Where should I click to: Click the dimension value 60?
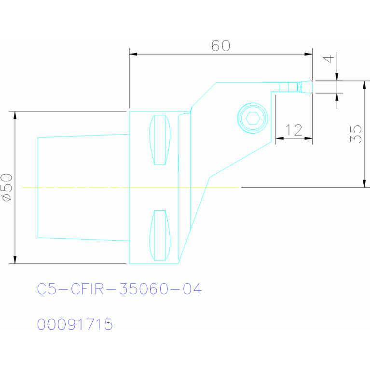pyautogui.click(x=220, y=45)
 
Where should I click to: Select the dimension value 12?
pyautogui.click(x=294, y=130)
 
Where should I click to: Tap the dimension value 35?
pyautogui.click(x=356, y=134)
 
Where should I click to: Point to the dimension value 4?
pyautogui.click(x=329, y=59)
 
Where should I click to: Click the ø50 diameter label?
pyautogui.click(x=7, y=187)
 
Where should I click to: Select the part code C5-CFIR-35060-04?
pyautogui.click(x=120, y=289)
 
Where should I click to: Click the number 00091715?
pyautogui.click(x=75, y=324)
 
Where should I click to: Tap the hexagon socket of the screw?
pyautogui.click(x=253, y=118)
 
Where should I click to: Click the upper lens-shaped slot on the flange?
pyautogui.click(x=160, y=140)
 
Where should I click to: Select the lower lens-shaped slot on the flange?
pyautogui.click(x=160, y=235)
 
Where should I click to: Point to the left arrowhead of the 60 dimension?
pyautogui.click(x=133, y=55)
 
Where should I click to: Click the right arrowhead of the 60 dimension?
pyautogui.click(x=308, y=55)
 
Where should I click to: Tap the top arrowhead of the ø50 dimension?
pyautogui.click(x=15, y=115)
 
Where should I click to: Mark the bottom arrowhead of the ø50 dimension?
pyautogui.click(x=15, y=260)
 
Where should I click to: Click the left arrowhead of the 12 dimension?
pyautogui.click(x=280, y=138)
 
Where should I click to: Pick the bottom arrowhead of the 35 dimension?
pyautogui.click(x=364, y=184)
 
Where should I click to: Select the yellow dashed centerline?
pyautogui.click(x=130, y=187)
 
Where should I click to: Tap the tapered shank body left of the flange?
pyautogui.click(x=83, y=187)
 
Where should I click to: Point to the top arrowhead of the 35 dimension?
pyautogui.click(x=364, y=85)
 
